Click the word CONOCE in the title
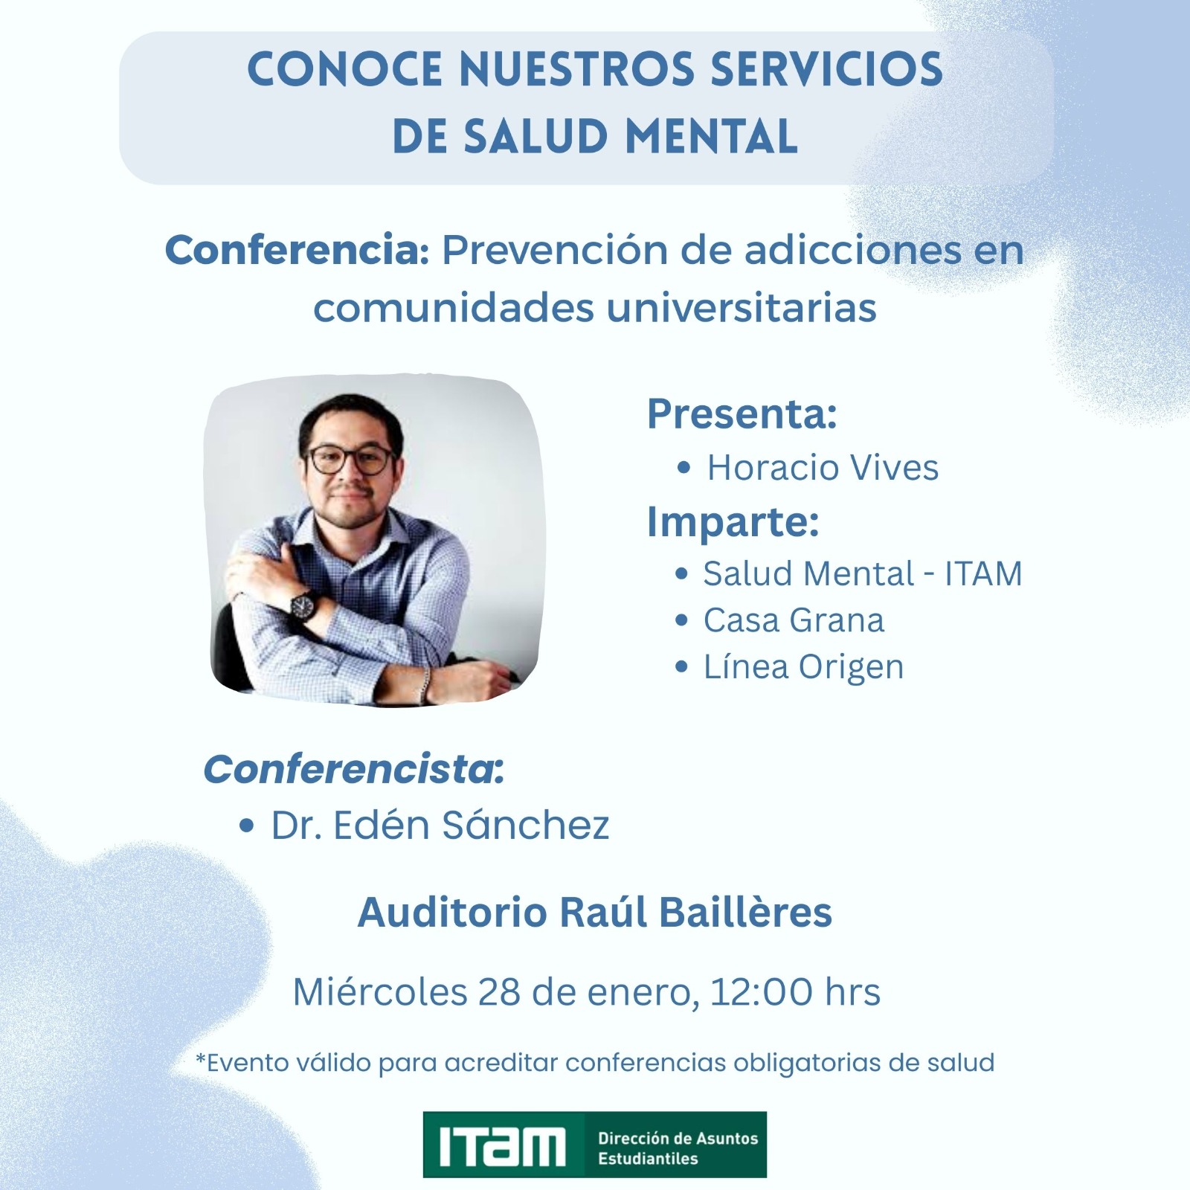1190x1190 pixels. pyautogui.click(x=344, y=69)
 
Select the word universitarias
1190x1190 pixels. pyautogui.click(x=742, y=308)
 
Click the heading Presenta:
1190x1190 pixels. pyautogui.click(x=742, y=414)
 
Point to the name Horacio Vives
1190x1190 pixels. pyautogui.click(x=823, y=468)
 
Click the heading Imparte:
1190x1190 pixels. pyautogui.click(x=733, y=522)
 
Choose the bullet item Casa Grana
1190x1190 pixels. pyautogui.click(x=794, y=620)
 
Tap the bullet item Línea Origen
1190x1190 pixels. pyautogui.click(x=803, y=667)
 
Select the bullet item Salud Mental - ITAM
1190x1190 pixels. pyautogui.click(x=863, y=573)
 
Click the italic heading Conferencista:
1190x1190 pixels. pyautogui.click(x=354, y=769)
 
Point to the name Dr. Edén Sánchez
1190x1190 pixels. pyautogui.click(x=440, y=825)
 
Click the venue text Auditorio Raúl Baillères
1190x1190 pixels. pyautogui.click(x=595, y=913)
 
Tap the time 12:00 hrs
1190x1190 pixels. pyautogui.click(x=795, y=991)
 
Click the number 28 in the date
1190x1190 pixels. pyautogui.click(x=499, y=991)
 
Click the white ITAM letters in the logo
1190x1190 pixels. pyautogui.click(x=502, y=1146)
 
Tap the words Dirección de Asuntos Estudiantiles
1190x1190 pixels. pyautogui.click(x=678, y=1148)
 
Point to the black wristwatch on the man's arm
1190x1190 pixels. pyautogui.click(x=303, y=605)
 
